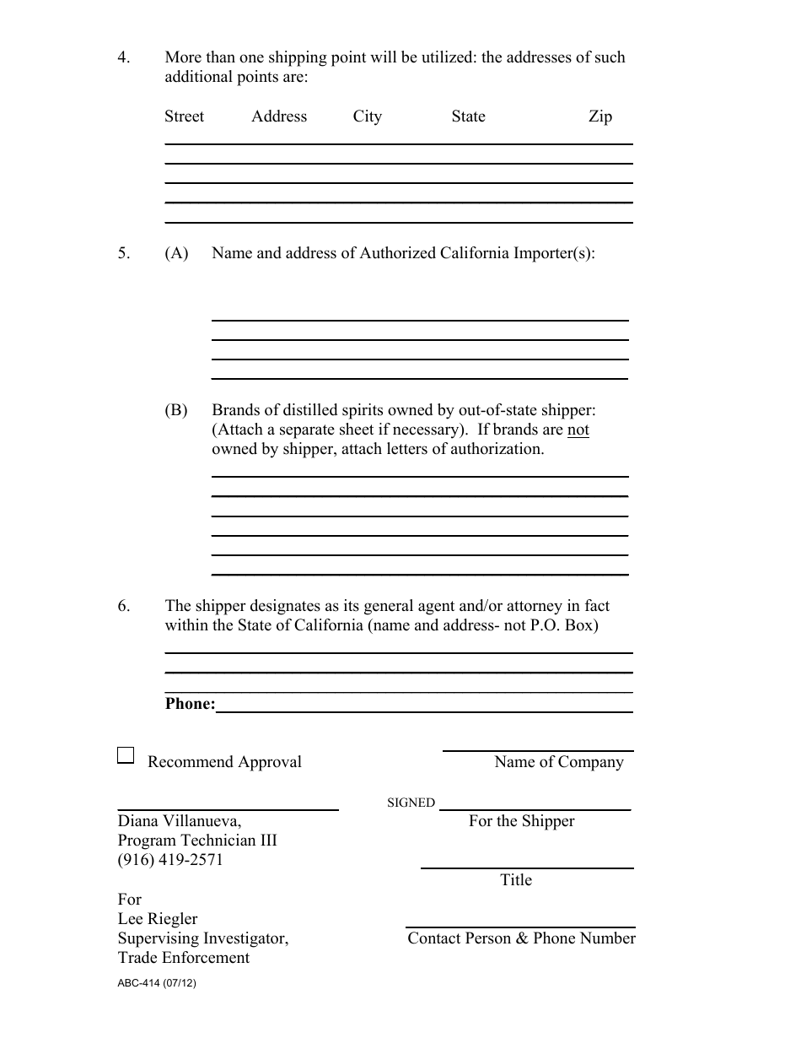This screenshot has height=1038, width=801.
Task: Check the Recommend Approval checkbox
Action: pyautogui.click(x=126, y=755)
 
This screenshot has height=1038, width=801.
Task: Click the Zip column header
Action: pyautogui.click(x=599, y=116)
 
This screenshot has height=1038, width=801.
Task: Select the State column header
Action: pyautogui.click(x=468, y=116)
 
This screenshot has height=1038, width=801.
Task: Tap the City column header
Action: pyautogui.click(x=367, y=116)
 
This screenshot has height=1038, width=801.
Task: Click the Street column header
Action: pyautogui.click(x=184, y=116)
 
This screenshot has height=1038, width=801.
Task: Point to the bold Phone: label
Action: pyautogui.click(x=191, y=704)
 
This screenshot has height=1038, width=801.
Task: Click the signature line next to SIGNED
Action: pyautogui.click(x=535, y=808)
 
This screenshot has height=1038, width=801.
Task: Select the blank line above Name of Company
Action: pyautogui.click(x=538, y=749)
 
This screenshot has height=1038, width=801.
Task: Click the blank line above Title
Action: pyautogui.click(x=527, y=867)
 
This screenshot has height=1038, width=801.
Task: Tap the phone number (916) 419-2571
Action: pyautogui.click(x=170, y=860)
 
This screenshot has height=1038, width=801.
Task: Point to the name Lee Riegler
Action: pyautogui.click(x=158, y=919)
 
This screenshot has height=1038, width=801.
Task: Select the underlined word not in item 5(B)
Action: pyautogui.click(x=578, y=430)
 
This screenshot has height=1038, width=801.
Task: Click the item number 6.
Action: pyautogui.click(x=124, y=606)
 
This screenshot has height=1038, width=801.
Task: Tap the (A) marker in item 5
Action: pyautogui.click(x=176, y=253)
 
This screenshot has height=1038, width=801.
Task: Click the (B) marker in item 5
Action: pyautogui.click(x=176, y=410)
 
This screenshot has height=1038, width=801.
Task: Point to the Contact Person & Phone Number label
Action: pyautogui.click(x=521, y=938)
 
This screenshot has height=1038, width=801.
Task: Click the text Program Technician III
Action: pyautogui.click(x=197, y=841)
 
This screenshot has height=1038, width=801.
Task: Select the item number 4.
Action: pyautogui.click(x=124, y=58)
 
